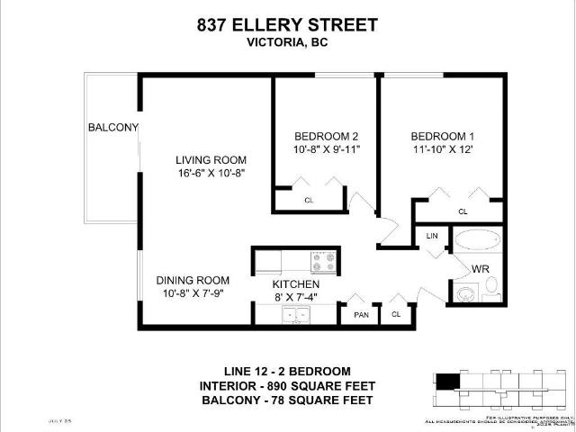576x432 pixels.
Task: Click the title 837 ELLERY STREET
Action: (x=287, y=25)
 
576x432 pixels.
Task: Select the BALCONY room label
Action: (x=112, y=127)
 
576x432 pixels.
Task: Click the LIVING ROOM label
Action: (x=211, y=160)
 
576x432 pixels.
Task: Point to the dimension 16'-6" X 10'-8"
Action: (x=211, y=172)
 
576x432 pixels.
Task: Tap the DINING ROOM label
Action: (x=193, y=280)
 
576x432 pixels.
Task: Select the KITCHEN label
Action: (x=296, y=284)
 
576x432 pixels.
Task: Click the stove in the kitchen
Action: (x=324, y=262)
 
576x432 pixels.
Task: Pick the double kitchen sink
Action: (x=295, y=315)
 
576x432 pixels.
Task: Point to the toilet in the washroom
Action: (x=467, y=294)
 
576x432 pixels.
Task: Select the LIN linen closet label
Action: (x=431, y=236)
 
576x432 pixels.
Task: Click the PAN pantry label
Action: (x=359, y=315)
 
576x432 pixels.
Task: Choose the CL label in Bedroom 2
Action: (x=309, y=200)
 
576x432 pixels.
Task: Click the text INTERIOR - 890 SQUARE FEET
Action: (x=287, y=385)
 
